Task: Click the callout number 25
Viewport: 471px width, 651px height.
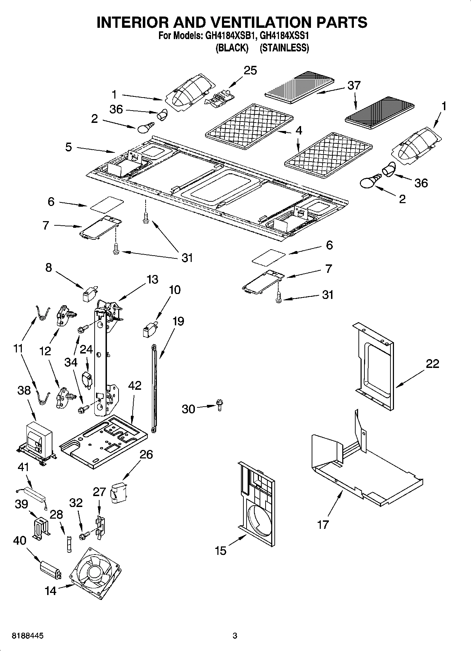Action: click(x=250, y=70)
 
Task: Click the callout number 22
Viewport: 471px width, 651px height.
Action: click(x=432, y=363)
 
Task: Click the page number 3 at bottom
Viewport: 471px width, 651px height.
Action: click(x=235, y=636)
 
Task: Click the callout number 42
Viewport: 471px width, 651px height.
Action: click(x=134, y=386)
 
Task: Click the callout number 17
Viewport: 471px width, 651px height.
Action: click(x=323, y=525)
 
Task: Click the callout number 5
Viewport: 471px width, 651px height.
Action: click(x=68, y=147)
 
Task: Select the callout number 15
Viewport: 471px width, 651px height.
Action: click(x=221, y=551)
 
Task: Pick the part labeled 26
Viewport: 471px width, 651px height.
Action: click(x=118, y=493)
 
